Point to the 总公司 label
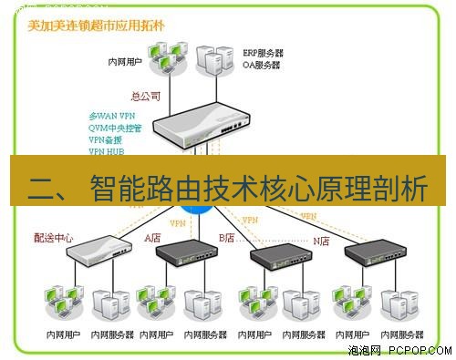[146, 94]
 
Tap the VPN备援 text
[106, 140]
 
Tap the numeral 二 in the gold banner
[41, 190]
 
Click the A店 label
[152, 237]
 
